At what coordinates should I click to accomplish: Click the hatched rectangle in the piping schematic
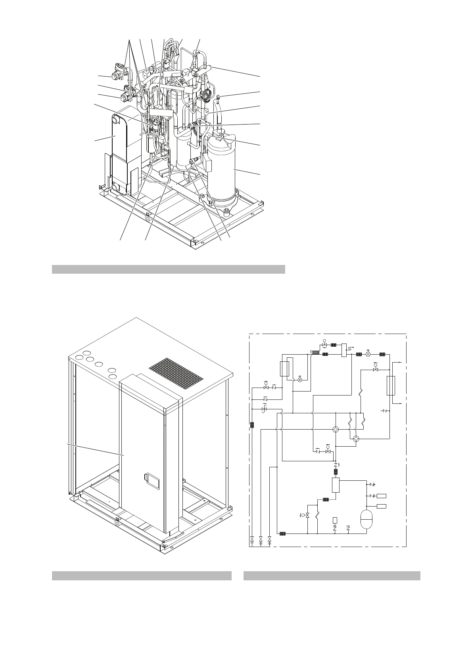(x=316, y=352)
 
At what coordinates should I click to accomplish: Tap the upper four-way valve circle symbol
(x=336, y=429)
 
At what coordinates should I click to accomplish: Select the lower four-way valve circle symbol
(x=356, y=439)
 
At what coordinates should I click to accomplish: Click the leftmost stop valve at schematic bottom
(x=252, y=539)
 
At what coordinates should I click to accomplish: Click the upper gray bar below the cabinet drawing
(x=142, y=576)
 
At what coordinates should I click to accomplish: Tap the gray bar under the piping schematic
(x=332, y=576)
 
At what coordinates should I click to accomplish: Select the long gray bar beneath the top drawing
(x=169, y=269)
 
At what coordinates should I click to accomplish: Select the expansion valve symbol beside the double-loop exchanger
(x=299, y=379)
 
